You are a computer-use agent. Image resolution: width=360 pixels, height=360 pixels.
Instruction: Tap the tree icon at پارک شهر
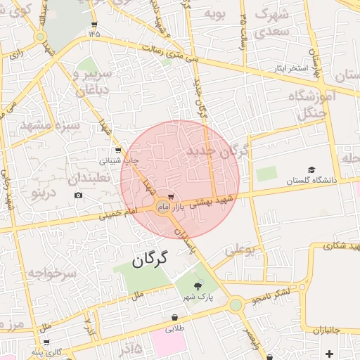198,285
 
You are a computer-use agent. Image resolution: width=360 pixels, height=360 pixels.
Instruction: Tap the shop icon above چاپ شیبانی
118,150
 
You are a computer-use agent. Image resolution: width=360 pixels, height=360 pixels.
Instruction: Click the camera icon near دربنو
78,195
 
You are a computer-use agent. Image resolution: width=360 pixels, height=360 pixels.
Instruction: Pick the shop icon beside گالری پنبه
46,342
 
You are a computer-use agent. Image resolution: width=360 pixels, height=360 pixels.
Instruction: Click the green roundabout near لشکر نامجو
236,304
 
